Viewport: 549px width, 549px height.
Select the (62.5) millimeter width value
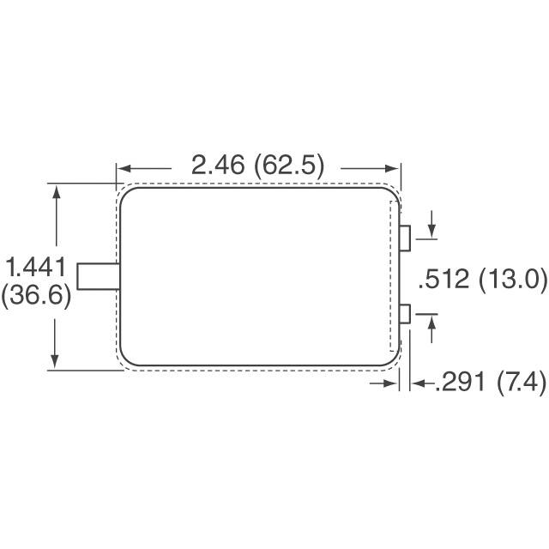(290, 166)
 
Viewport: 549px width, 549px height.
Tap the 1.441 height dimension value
(36, 267)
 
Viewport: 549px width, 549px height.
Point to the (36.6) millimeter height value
(36, 296)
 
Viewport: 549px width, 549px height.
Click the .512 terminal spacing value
(446, 280)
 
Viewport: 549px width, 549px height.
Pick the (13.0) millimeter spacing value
(510, 280)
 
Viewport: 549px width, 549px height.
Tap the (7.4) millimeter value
(521, 383)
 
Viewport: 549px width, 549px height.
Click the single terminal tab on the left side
(97, 276)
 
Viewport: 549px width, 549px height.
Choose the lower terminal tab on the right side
(406, 315)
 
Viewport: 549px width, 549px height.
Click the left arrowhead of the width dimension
(122, 166)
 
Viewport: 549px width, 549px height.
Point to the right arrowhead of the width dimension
(396, 166)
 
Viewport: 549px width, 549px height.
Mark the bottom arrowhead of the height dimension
(57, 364)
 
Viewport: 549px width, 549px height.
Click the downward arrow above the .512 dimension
(431, 232)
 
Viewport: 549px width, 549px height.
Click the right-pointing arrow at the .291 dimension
(393, 384)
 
